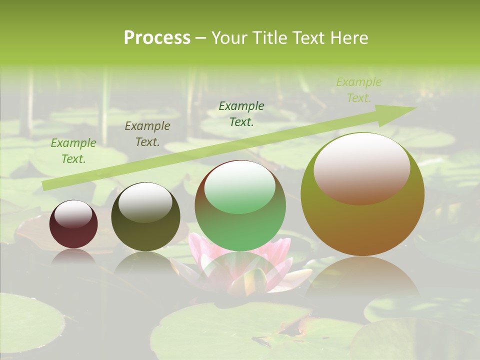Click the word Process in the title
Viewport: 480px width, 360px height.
[x=157, y=38]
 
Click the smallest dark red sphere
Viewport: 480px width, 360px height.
[x=73, y=230]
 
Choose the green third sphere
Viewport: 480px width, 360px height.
[x=240, y=225]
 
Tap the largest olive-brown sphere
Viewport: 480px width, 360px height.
[x=362, y=220]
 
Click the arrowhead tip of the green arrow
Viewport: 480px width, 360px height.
[x=415, y=108]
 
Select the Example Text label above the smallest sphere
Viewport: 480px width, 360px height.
[x=73, y=151]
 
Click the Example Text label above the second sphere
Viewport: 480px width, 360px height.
[x=147, y=134]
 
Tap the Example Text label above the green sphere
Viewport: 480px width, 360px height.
[x=241, y=113]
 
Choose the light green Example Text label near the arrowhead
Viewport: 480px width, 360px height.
[x=358, y=90]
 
